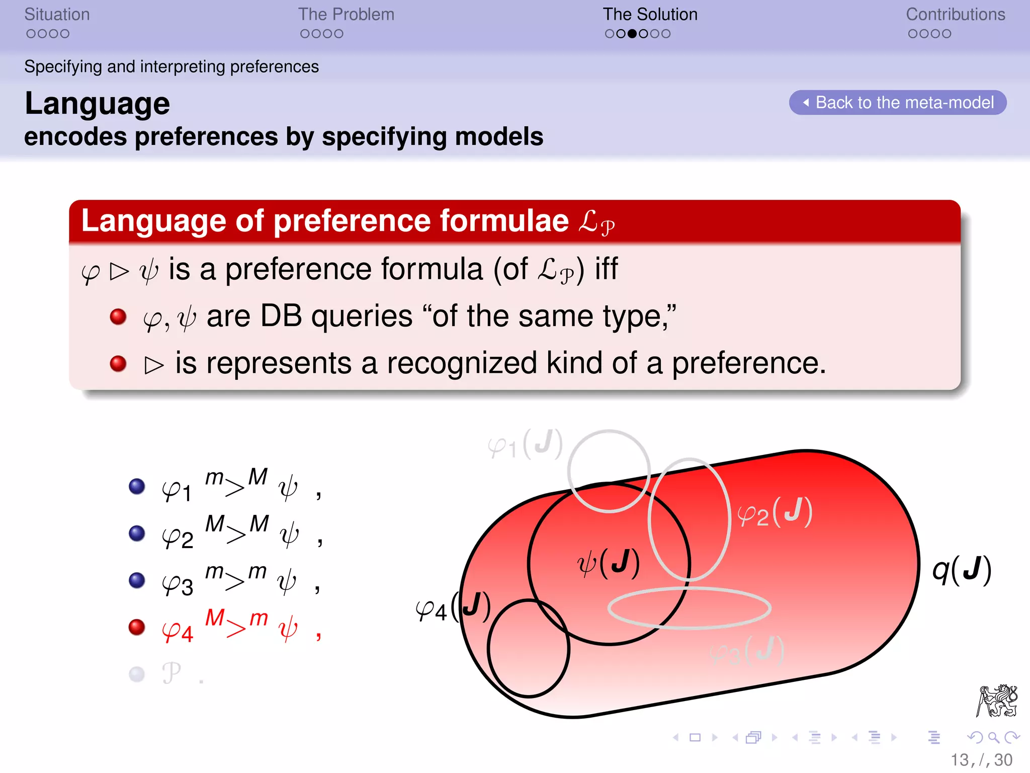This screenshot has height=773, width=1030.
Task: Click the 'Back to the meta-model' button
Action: click(x=898, y=103)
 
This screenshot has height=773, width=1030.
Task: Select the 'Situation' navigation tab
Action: click(x=57, y=15)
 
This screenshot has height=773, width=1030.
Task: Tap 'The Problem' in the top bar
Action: click(x=346, y=15)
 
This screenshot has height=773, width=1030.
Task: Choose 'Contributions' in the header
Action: click(x=955, y=15)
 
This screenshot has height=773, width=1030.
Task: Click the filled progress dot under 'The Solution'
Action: click(x=632, y=34)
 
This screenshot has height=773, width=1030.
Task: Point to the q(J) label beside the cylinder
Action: click(x=962, y=570)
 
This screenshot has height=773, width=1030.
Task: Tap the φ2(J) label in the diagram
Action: click(x=775, y=512)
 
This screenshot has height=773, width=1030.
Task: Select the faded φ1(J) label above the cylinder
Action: click(x=525, y=444)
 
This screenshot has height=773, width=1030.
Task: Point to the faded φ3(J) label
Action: click(x=747, y=651)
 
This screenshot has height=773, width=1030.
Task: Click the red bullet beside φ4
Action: click(x=137, y=627)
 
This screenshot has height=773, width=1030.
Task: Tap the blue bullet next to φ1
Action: click(x=137, y=486)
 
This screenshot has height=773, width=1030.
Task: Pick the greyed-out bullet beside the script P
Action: click(x=137, y=674)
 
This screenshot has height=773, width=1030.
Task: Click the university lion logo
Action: click(x=997, y=701)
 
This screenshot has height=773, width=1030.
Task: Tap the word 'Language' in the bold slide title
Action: click(x=98, y=104)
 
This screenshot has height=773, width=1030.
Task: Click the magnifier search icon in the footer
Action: click(x=993, y=738)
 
